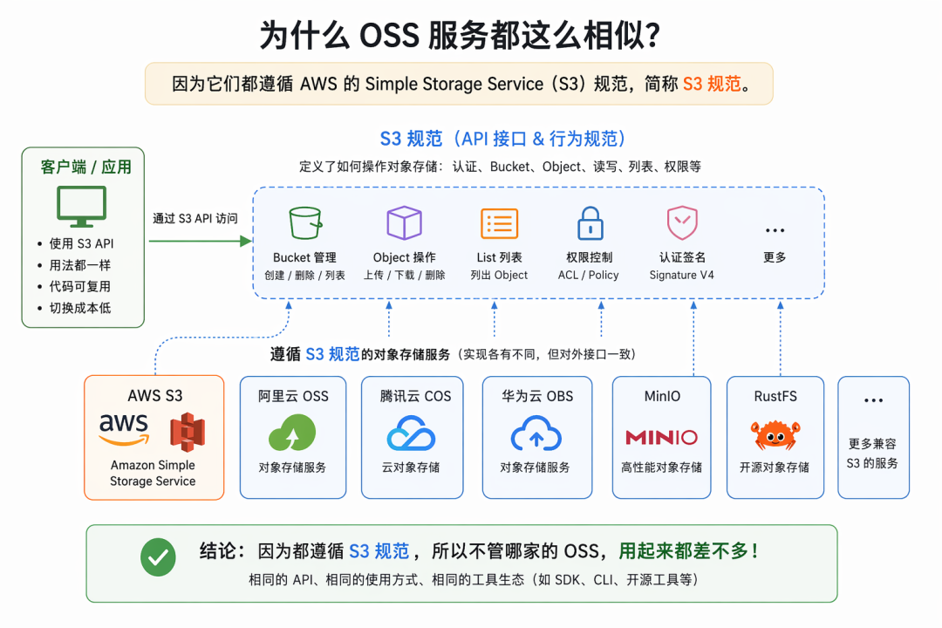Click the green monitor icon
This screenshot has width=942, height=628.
click(82, 206)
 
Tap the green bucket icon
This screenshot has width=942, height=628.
click(305, 223)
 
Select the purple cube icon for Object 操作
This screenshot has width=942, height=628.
click(405, 222)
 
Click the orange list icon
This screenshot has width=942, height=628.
click(499, 223)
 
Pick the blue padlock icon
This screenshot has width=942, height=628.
click(590, 223)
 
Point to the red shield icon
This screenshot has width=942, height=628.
click(682, 223)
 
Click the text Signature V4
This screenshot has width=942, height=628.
click(681, 275)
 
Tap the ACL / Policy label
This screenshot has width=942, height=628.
click(588, 275)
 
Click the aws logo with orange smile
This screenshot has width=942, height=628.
click(124, 429)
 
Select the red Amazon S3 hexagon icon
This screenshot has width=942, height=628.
click(188, 432)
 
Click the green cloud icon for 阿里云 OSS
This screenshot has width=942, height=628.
click(292, 432)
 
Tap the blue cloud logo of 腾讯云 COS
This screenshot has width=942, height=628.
click(411, 433)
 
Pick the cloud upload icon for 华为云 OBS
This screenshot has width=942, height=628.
click(536, 433)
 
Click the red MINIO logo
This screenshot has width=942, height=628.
click(661, 437)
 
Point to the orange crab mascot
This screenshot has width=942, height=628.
click(775, 434)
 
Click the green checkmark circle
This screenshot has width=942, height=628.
click(158, 557)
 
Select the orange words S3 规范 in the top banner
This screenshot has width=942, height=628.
click(712, 84)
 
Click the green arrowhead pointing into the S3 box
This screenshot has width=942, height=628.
click(246, 241)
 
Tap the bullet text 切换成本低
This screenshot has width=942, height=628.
click(80, 308)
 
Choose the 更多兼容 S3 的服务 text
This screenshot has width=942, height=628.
click(872, 454)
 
